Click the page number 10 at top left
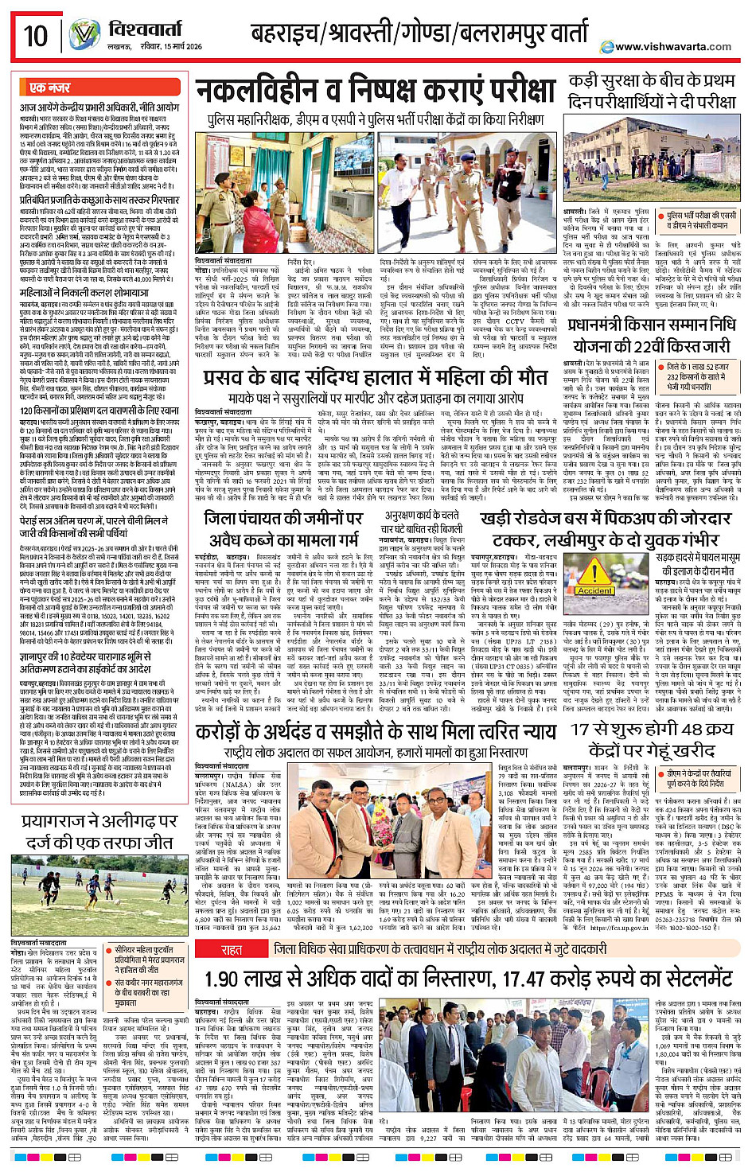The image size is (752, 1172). pyautogui.click(x=36, y=36)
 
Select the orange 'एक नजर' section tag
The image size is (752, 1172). pyautogui.click(x=50, y=88)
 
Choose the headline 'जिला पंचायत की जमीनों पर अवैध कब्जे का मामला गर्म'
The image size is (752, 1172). pyautogui.click(x=282, y=528)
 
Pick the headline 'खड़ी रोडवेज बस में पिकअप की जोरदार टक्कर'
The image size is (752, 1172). pyautogui.click(x=606, y=528)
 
